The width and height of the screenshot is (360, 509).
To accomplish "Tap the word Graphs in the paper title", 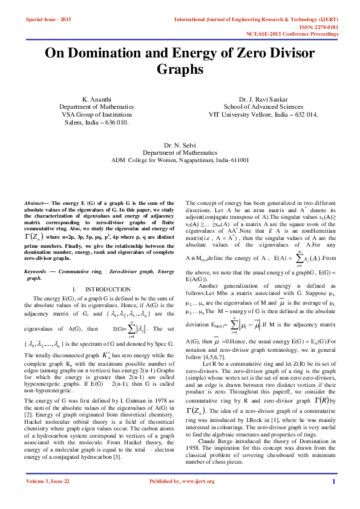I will (x=180, y=70).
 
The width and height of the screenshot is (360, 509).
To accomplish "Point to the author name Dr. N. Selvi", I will (x=180, y=146).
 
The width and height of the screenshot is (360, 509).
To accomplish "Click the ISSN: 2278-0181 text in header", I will (x=316, y=27).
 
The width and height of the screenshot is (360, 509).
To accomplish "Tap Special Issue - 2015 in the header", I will (x=48, y=20).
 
